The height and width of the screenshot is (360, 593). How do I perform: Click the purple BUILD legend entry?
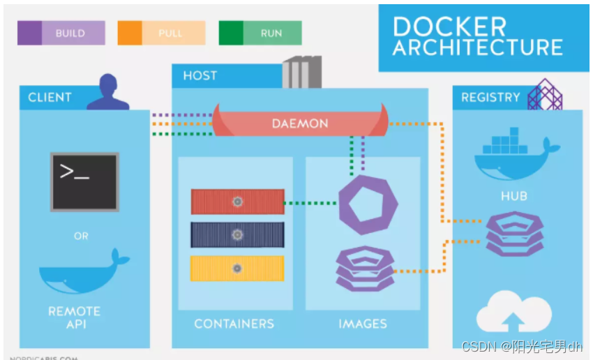(61, 33)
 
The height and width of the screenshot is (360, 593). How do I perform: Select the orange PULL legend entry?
(161, 33)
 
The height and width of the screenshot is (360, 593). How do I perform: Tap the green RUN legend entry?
(260, 33)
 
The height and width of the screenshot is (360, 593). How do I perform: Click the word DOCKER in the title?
(449, 27)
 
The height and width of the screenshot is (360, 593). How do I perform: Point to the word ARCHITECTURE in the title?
(477, 47)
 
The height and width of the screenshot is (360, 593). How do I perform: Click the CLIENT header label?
(50, 98)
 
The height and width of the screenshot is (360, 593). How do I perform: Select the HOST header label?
(200, 75)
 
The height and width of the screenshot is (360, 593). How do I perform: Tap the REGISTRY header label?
(490, 98)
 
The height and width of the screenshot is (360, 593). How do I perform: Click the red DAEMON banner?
(300, 123)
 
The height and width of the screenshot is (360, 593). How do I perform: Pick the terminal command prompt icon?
(84, 182)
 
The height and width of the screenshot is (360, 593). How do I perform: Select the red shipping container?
(238, 202)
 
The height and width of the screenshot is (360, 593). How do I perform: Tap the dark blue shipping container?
(238, 235)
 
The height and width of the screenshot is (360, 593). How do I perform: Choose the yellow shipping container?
(238, 269)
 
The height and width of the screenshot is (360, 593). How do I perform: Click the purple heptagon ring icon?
(368, 205)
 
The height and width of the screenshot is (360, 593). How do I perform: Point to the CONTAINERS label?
(234, 324)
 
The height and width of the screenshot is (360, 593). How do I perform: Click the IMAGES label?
(363, 324)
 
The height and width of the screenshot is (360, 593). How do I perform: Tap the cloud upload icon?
(513, 314)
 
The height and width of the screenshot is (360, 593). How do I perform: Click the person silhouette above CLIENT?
(108, 92)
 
